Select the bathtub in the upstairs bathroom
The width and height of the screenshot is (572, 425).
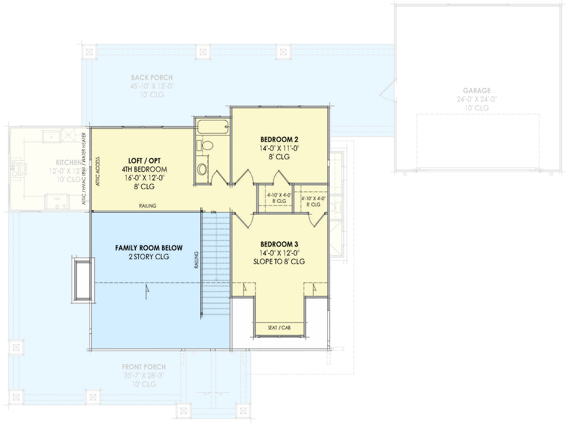coord(213,128)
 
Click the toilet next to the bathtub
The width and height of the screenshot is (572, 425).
coord(206,145)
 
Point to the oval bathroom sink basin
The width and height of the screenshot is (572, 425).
coord(203,169)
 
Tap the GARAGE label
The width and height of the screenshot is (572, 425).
coord(476,90)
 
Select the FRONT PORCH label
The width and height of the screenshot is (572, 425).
coord(143,367)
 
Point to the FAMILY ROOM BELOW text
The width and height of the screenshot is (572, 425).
coord(149,248)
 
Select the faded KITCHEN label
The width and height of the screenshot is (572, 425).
coord(69,162)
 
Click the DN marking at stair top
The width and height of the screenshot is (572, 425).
coord(214,212)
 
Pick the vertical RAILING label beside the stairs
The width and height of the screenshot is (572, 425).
coord(196,260)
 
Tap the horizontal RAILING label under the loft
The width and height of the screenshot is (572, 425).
coord(148,206)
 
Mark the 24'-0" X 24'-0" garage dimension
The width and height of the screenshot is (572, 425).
coord(476,99)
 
